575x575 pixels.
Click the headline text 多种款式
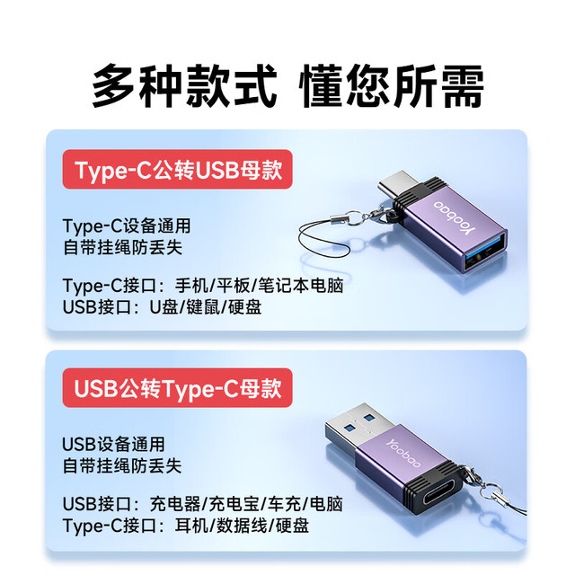(x=184, y=86)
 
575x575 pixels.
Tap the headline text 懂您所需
(x=392, y=86)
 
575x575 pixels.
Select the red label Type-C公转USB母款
(x=178, y=170)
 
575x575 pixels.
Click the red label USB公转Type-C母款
(x=178, y=388)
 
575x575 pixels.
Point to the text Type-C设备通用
(x=127, y=226)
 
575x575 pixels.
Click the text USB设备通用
(x=114, y=445)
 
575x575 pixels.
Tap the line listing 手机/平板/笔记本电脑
(x=203, y=286)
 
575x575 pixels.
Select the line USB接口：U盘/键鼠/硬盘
(x=162, y=307)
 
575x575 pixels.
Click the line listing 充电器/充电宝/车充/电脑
(x=203, y=504)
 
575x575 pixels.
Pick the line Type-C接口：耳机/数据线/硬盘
(x=186, y=526)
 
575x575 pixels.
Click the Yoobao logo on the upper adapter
(x=455, y=217)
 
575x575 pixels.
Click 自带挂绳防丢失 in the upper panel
(x=123, y=247)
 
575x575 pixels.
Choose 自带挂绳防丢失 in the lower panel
(x=122, y=465)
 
